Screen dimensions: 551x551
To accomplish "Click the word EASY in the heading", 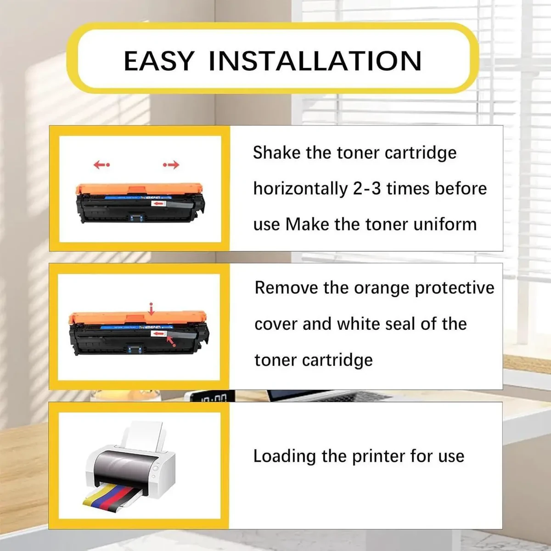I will coord(159,61).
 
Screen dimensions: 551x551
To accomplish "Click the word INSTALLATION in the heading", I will coord(315,61).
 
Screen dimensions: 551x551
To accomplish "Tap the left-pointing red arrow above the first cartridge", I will coord(101,164).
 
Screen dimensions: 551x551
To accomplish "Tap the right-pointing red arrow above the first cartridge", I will coord(171,164).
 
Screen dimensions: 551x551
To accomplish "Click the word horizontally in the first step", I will coord(301,189).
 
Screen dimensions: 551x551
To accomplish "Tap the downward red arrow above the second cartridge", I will coord(152,309).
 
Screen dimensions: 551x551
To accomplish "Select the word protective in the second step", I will coord(455,288).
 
